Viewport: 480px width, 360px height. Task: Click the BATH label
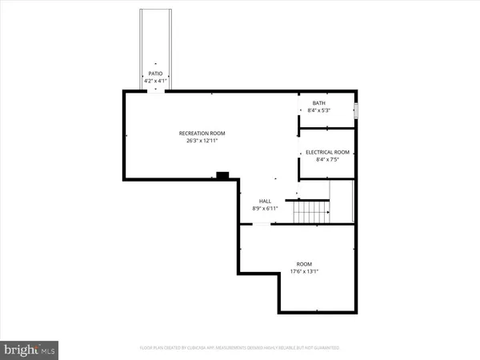318,103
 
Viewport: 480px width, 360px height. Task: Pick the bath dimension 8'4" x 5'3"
318,111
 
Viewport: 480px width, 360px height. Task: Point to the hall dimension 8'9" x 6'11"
265,209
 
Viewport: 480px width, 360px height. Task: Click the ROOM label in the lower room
304,264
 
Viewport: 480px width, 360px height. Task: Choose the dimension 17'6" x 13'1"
304,272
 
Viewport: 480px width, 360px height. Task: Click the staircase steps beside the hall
312,213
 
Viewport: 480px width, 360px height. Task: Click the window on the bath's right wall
356,109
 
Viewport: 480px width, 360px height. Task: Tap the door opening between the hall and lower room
261,225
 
